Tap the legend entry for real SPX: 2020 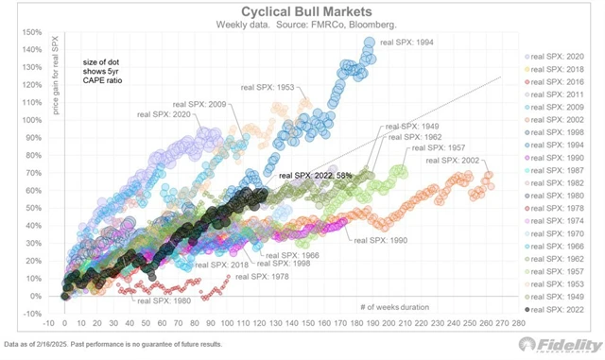coord(559,56)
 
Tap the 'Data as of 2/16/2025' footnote coord(113,344)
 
